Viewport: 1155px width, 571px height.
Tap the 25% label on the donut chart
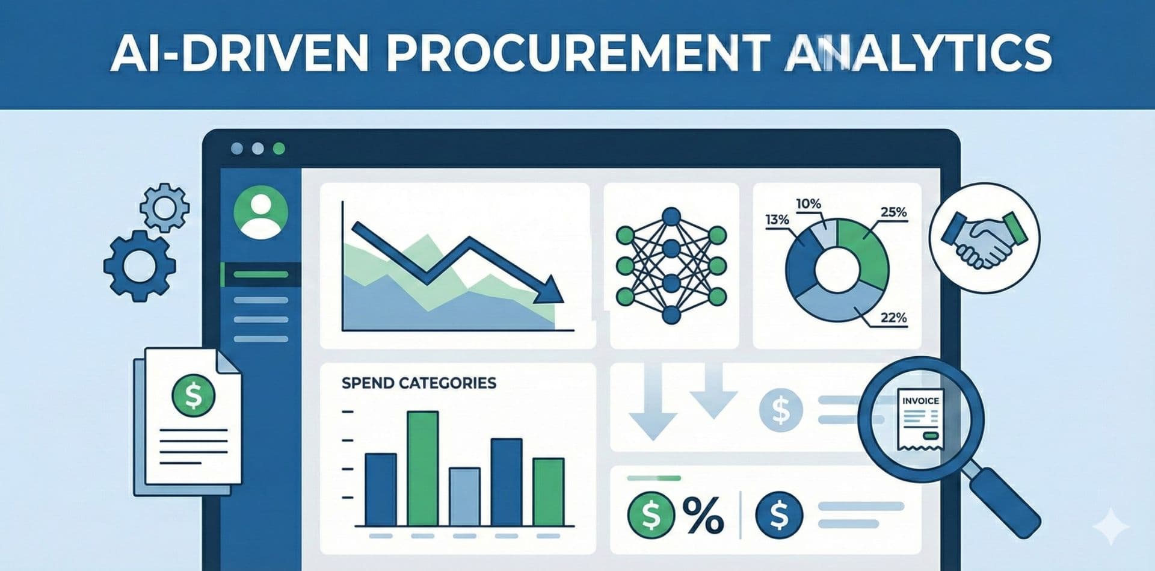pyautogui.click(x=893, y=212)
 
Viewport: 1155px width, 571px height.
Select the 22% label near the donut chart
pyautogui.click(x=893, y=317)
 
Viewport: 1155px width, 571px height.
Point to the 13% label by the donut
pyautogui.click(x=777, y=220)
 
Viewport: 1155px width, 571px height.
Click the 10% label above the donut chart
pyautogui.click(x=808, y=204)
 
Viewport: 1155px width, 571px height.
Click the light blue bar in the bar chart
pyautogui.click(x=464, y=496)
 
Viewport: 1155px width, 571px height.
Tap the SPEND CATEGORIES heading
pyautogui.click(x=419, y=383)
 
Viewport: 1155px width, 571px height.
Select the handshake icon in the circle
pyautogui.click(x=984, y=238)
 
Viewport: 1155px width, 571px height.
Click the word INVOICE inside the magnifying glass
pyautogui.click(x=920, y=400)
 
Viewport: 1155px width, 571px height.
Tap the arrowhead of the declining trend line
pyautogui.click(x=550, y=291)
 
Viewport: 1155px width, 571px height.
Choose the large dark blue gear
pyautogui.click(x=140, y=265)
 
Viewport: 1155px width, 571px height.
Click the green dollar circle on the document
pyautogui.click(x=192, y=395)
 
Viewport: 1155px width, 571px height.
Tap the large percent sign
pyautogui.click(x=703, y=516)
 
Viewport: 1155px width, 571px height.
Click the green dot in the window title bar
pyautogui.click(x=279, y=149)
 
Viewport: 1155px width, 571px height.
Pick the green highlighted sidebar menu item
pyautogui.click(x=260, y=275)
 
